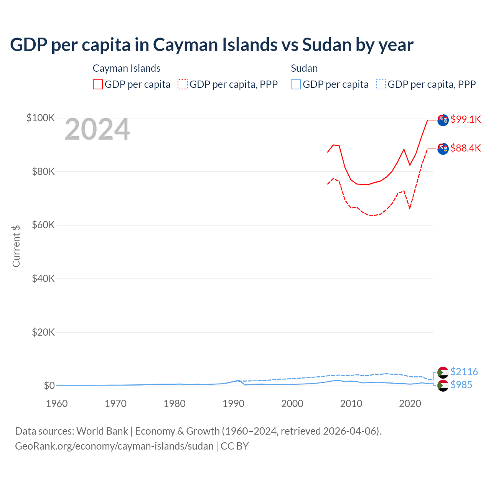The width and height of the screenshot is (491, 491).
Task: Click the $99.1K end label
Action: tap(465, 119)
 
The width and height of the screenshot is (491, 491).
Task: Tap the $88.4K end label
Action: tap(465, 148)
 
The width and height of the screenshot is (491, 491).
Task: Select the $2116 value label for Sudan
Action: tap(464, 372)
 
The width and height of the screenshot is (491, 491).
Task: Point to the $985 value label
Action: tap(461, 385)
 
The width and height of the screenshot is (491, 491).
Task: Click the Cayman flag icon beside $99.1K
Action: tap(443, 120)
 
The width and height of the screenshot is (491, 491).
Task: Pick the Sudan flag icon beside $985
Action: tap(443, 386)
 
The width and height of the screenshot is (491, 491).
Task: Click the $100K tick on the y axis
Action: tap(41, 118)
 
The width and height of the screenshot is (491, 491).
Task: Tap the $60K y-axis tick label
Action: tap(43, 225)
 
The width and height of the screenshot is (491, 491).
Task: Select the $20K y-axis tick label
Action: tap(43, 332)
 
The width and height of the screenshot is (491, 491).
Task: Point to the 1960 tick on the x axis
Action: tap(57, 404)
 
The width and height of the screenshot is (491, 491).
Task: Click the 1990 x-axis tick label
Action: tap(233, 404)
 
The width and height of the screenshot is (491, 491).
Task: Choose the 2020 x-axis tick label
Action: tap(410, 404)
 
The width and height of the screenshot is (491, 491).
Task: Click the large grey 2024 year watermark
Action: tap(97, 129)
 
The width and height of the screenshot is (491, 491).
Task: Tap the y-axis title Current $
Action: tap(16, 246)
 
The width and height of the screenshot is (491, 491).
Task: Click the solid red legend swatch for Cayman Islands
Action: tap(98, 84)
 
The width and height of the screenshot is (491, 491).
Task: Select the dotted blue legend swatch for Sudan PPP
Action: tap(381, 84)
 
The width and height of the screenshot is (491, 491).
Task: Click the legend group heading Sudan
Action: tap(304, 68)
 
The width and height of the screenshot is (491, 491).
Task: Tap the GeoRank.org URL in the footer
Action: tap(114, 446)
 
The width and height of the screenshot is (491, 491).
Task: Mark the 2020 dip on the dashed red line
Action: tap(410, 208)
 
